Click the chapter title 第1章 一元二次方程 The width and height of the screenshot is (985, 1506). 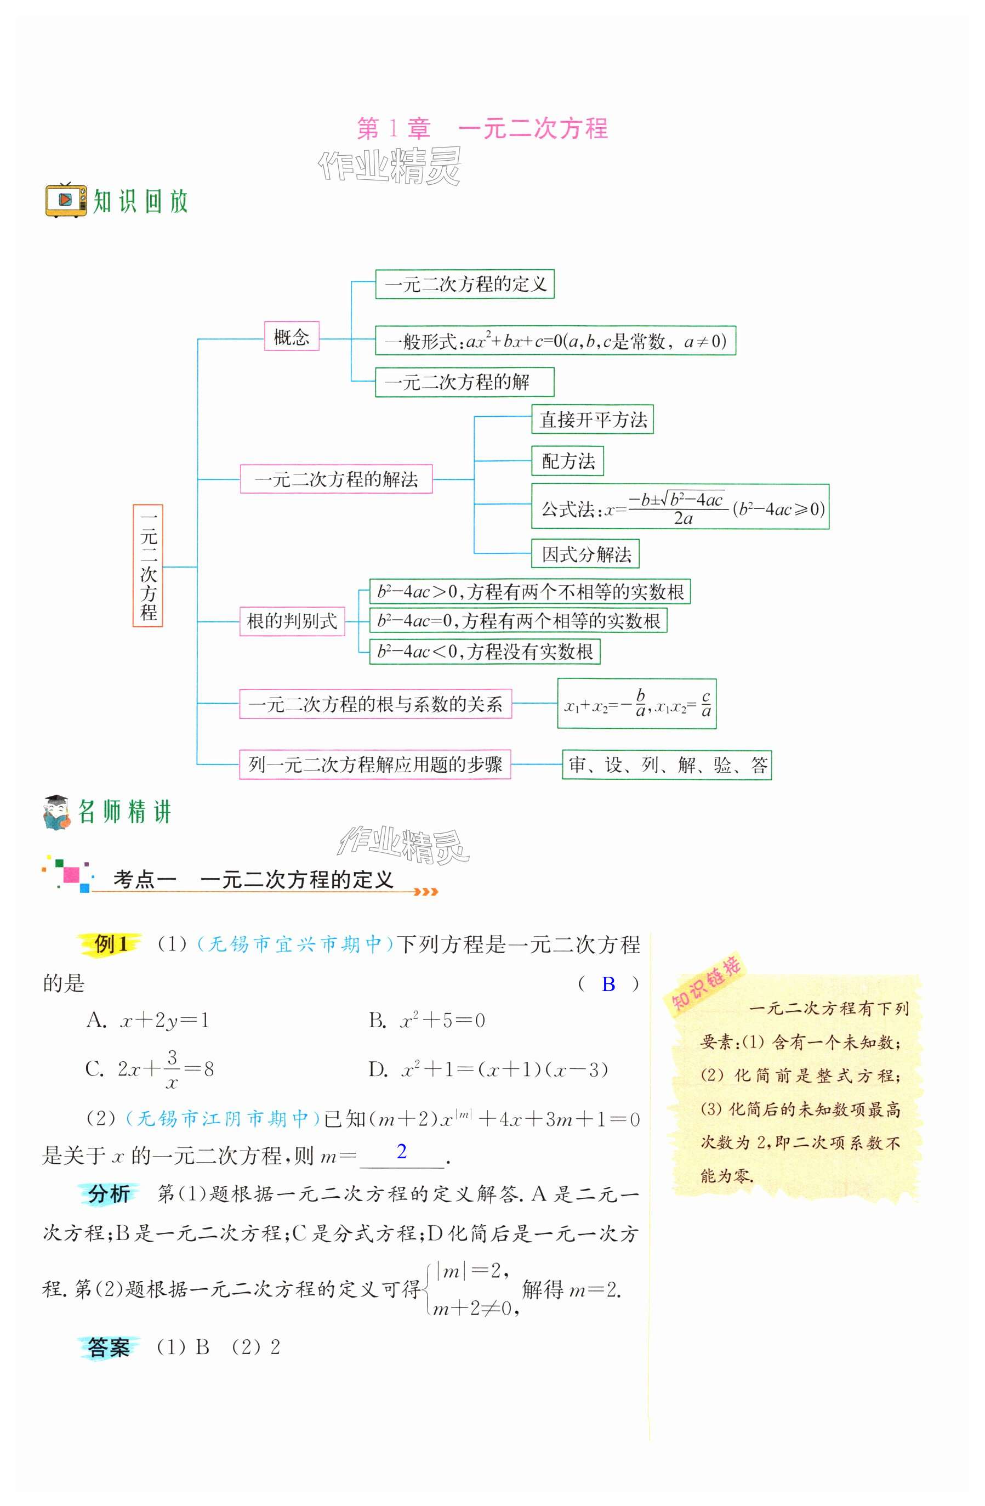tap(482, 128)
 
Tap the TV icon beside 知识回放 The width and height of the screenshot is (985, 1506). tap(66, 200)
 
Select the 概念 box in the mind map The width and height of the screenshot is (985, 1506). tap(291, 336)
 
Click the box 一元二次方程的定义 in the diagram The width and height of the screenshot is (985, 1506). tap(464, 284)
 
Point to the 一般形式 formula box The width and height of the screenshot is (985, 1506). tap(555, 341)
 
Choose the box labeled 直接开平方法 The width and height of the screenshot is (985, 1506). tap(592, 420)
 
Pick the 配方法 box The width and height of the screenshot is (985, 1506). tap(567, 461)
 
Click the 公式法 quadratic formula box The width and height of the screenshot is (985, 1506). tap(680, 507)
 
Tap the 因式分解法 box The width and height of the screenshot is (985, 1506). tap(585, 554)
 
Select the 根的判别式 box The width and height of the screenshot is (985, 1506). tap(292, 621)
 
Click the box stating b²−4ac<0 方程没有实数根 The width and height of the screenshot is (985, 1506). tap(484, 651)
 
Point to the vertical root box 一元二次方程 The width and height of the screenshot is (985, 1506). tap(148, 565)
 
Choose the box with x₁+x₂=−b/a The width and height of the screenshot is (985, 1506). tap(636, 704)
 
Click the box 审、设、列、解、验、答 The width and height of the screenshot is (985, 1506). tap(667, 765)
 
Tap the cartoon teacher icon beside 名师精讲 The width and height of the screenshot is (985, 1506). tap(57, 812)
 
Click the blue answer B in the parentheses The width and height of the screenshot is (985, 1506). tap(608, 984)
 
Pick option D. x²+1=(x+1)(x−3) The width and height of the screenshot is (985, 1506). tap(488, 1069)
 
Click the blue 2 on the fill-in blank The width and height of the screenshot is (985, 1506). tap(401, 1151)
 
